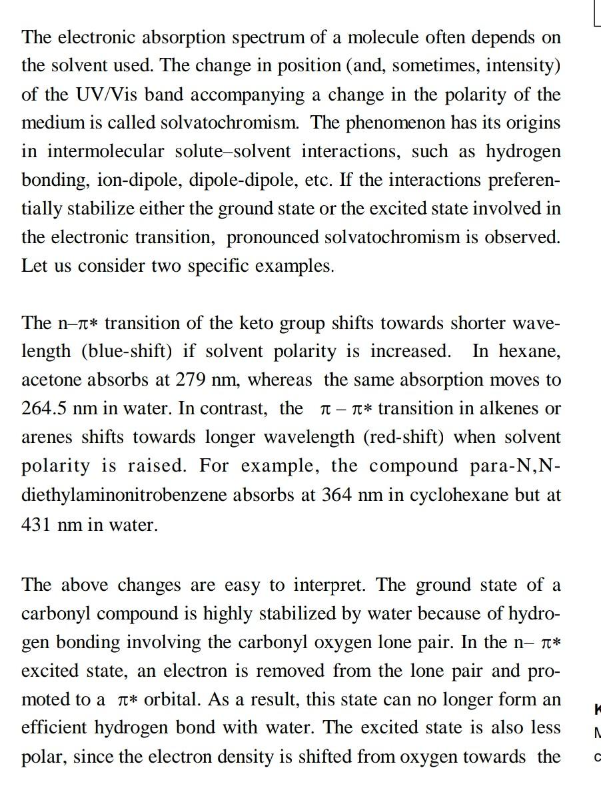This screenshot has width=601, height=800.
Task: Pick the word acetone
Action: tap(49, 380)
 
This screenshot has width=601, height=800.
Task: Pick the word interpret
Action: tap(333, 586)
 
